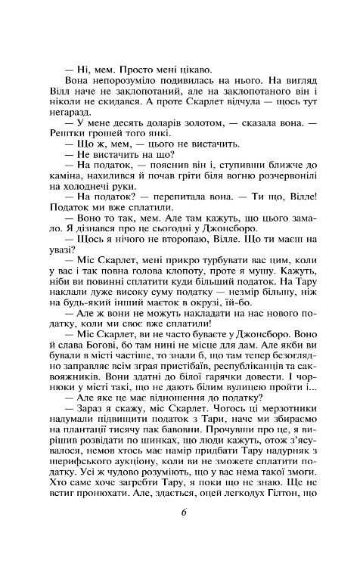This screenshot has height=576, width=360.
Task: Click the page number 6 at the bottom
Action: [x=184, y=534]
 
